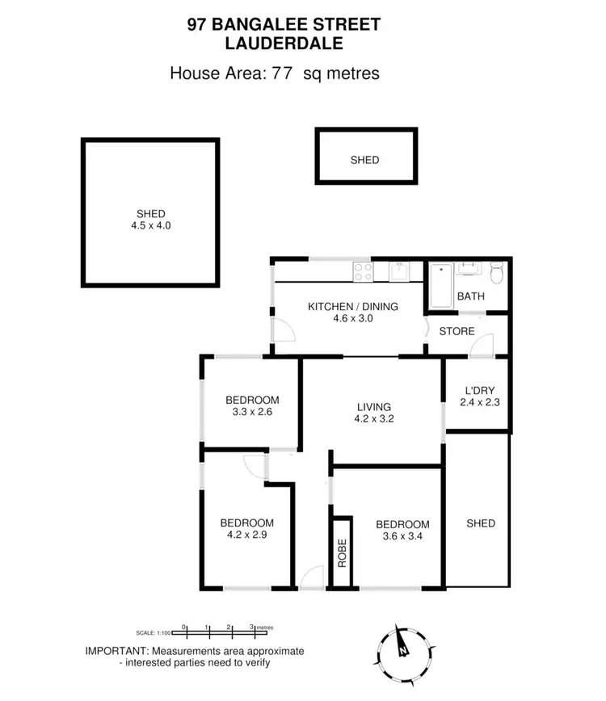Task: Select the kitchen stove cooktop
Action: click(362, 273)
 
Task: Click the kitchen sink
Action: click(398, 273)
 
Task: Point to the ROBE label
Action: click(342, 552)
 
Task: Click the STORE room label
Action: click(457, 331)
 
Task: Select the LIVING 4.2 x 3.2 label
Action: click(372, 413)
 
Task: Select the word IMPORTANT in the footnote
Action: click(116, 651)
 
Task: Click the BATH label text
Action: click(471, 296)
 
